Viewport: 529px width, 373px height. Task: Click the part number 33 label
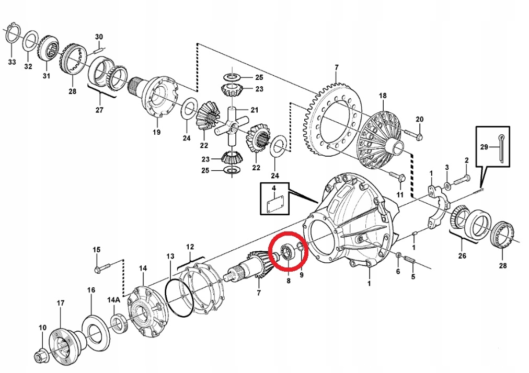click(12, 62)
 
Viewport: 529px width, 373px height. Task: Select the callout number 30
click(99, 37)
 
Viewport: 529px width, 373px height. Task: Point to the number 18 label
click(383, 96)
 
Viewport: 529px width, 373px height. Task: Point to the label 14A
click(114, 299)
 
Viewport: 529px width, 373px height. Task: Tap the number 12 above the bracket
click(190, 247)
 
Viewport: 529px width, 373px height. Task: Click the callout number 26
click(462, 255)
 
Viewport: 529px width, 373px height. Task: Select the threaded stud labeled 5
click(409, 260)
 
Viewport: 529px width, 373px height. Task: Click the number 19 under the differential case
click(156, 132)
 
